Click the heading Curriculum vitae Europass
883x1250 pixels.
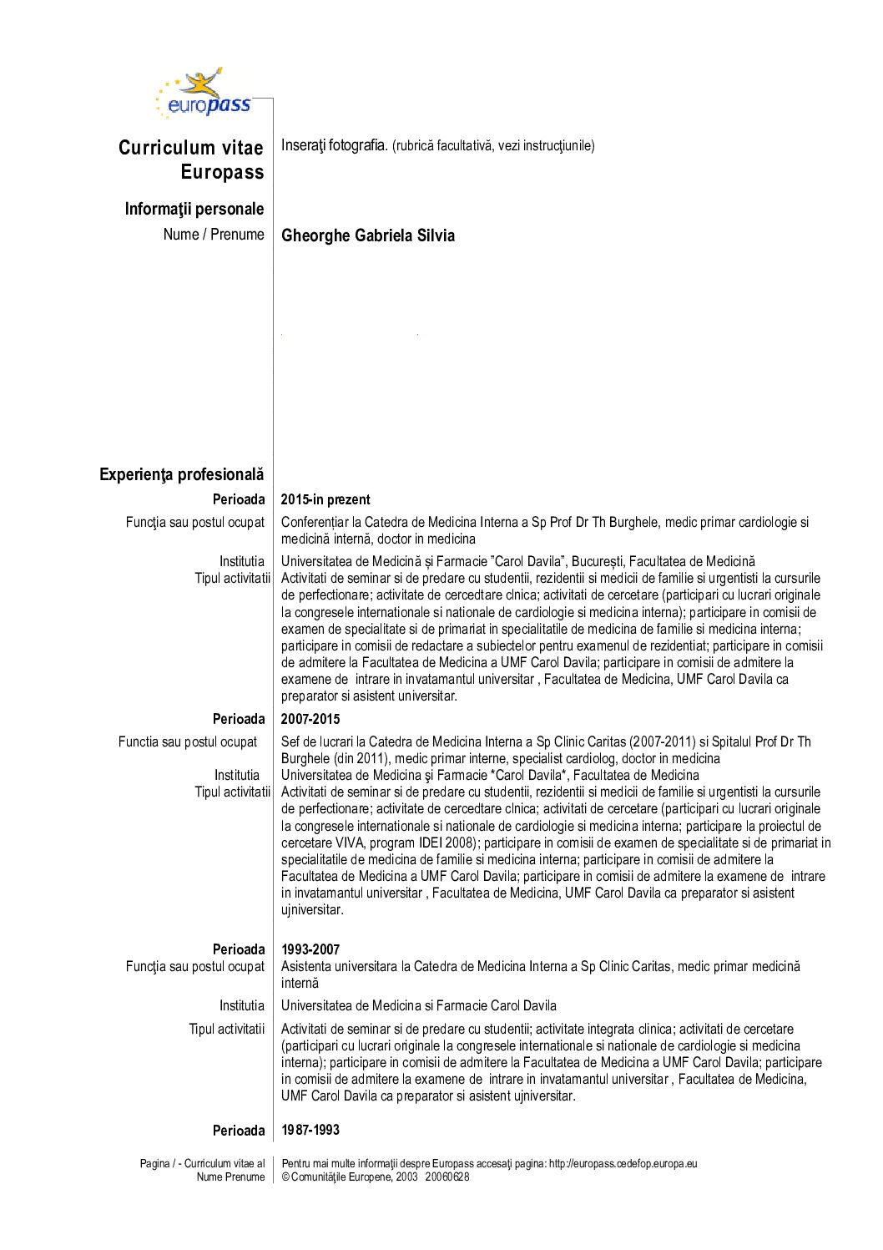(x=191, y=159)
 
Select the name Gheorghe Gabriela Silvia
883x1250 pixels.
(x=368, y=235)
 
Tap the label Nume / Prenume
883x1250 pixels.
(x=214, y=235)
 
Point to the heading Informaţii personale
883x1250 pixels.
(x=194, y=209)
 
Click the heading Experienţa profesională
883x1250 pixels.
(x=181, y=474)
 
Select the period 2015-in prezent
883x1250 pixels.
(x=325, y=499)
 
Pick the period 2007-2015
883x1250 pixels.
(x=310, y=719)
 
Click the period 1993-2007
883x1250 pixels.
(x=310, y=949)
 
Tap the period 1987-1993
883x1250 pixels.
(x=310, y=1130)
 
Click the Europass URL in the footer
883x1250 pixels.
(x=623, y=1163)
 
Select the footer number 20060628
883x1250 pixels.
(x=447, y=1177)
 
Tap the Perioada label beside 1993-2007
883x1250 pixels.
(x=239, y=949)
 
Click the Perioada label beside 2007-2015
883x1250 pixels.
(x=239, y=719)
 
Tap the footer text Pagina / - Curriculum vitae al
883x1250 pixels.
(x=202, y=1163)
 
